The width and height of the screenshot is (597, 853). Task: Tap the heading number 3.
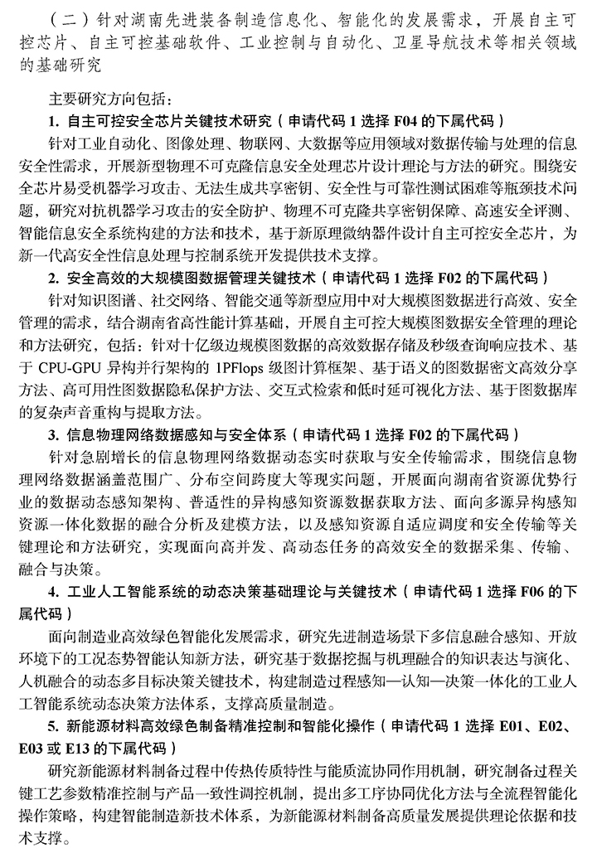click(52, 434)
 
